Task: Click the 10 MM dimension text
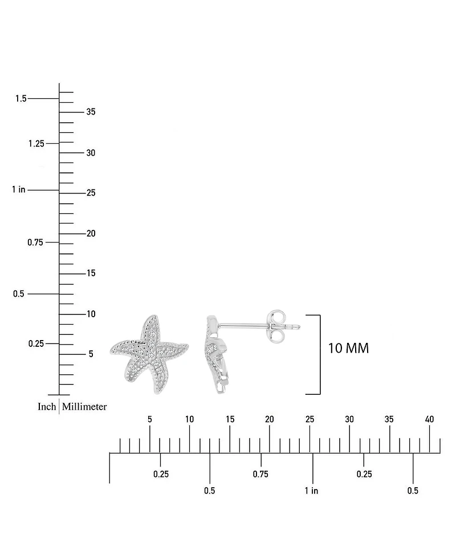click(x=348, y=348)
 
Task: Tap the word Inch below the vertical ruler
click(x=47, y=406)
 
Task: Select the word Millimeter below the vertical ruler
click(x=84, y=406)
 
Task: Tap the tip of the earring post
click(x=300, y=327)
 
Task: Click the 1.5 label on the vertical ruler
click(x=21, y=99)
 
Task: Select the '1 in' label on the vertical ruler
click(x=18, y=189)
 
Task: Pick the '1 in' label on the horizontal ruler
click(x=311, y=491)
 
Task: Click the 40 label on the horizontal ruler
click(x=429, y=419)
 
